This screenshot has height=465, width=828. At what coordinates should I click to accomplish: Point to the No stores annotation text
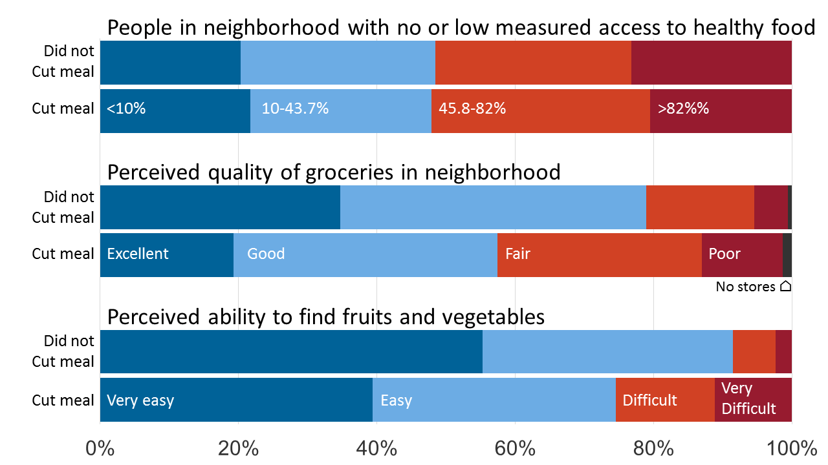745,286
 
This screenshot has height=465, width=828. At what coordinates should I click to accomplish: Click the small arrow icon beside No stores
785,286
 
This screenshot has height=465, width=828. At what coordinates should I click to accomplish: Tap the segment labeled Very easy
236,400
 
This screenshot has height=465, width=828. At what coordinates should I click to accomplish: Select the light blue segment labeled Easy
494,400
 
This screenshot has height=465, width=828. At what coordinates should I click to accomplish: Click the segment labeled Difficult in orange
665,400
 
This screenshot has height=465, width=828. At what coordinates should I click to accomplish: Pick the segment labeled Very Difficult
753,400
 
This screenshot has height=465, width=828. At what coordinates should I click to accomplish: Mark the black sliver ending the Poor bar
787,255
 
